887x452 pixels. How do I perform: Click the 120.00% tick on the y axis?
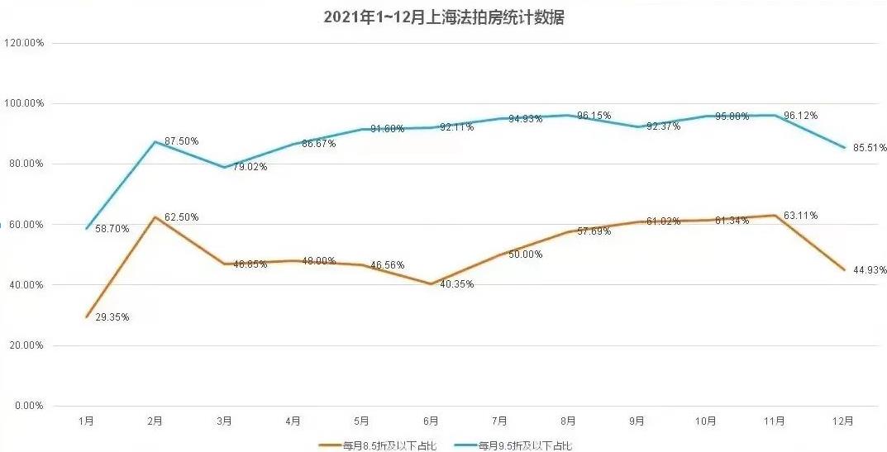point(24,43)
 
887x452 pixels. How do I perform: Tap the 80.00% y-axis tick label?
point(26,164)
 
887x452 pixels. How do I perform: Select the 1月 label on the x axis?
point(86,421)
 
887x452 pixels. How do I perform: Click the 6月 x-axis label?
point(431,421)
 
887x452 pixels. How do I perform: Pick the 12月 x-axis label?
point(843,421)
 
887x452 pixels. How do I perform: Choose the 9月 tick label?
point(637,421)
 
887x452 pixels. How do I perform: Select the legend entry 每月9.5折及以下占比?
point(524,445)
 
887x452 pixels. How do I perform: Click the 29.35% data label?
point(112,317)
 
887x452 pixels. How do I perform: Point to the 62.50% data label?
point(181,217)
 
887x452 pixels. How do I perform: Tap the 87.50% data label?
point(181,141)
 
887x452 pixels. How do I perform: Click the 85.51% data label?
point(869,148)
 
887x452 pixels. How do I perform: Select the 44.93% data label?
point(869,270)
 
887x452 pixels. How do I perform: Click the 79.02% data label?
point(250,167)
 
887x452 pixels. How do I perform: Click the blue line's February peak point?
point(155,141)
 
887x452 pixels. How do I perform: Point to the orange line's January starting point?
point(86,316)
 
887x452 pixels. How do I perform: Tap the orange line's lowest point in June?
point(431,283)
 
